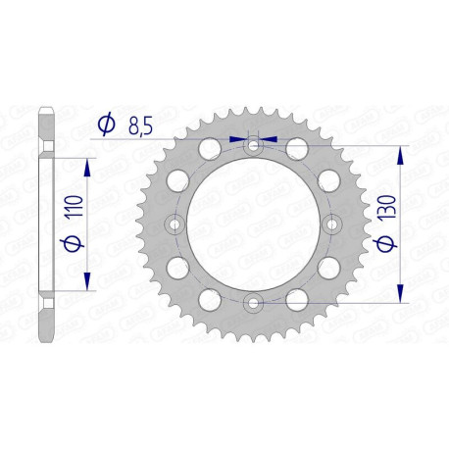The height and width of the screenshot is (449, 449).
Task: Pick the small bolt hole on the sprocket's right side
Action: point(331,224)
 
